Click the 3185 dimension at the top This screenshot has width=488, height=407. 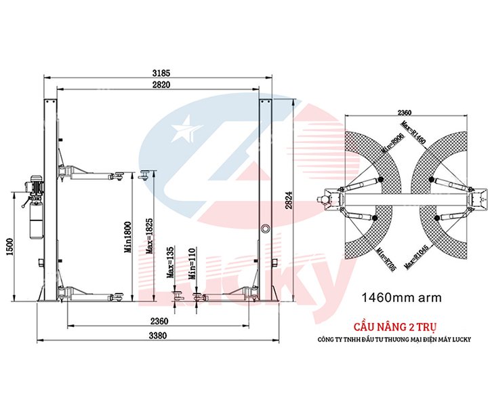click(160, 71)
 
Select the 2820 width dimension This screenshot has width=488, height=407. click(160, 84)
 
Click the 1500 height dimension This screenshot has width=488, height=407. click(8, 248)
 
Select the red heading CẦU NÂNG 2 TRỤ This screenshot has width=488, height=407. click(403, 326)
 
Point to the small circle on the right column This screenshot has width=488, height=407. click(266, 228)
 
